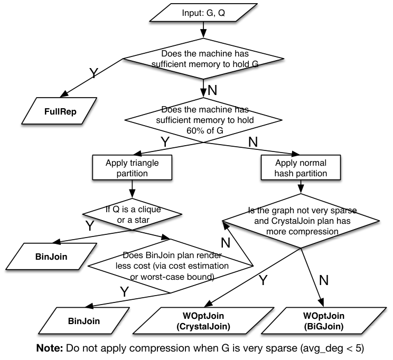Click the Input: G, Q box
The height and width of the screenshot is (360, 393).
pyautogui.click(x=203, y=13)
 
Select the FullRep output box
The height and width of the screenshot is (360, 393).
pyautogui.click(x=59, y=111)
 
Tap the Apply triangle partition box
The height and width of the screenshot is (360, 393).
pyautogui.click(x=132, y=168)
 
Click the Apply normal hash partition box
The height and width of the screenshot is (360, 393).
pyautogui.click(x=301, y=168)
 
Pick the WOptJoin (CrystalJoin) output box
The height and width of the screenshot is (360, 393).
pyautogui.click(x=203, y=321)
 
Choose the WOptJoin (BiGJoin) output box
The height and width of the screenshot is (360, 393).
pyautogui.click(x=324, y=321)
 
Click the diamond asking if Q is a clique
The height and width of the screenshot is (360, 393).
pyautogui.click(x=133, y=214)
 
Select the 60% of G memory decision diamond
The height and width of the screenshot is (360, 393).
pyautogui.click(x=203, y=120)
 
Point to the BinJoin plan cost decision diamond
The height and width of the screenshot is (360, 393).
pyautogui.click(x=171, y=266)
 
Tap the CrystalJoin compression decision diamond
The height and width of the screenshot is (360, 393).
pyautogui.click(x=301, y=221)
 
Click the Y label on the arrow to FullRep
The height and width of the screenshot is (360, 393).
pyautogui.click(x=93, y=73)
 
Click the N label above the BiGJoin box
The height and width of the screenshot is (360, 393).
pyautogui.click(x=324, y=280)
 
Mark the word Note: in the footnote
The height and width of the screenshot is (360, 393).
pyautogui.click(x=50, y=348)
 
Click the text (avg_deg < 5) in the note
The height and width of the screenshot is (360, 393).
pyautogui.click(x=332, y=348)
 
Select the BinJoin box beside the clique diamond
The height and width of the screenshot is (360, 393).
pyautogui.click(x=51, y=257)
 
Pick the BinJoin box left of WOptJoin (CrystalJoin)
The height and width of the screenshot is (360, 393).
pyautogui.click(x=83, y=320)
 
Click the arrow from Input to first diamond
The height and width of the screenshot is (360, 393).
pyautogui.click(x=203, y=30)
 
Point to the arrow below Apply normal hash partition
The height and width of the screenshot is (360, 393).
pyautogui.click(x=301, y=187)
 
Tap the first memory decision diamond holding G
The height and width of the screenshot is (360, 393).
pyautogui.click(x=203, y=59)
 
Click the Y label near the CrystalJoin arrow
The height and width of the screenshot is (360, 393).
pyautogui.click(x=263, y=280)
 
